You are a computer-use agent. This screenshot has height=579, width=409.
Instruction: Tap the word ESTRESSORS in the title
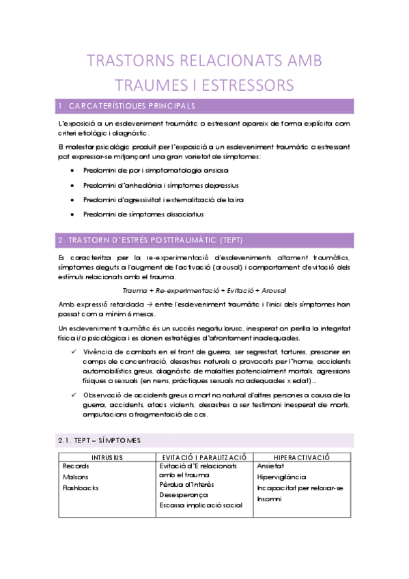click(245, 85)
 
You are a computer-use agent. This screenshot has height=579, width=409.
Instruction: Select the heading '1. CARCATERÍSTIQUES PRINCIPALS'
click(127, 107)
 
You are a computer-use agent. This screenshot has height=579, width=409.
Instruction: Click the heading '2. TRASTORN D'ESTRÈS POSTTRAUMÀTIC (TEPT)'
click(146, 240)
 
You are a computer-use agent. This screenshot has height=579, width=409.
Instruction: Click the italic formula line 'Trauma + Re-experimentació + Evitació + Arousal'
click(205, 291)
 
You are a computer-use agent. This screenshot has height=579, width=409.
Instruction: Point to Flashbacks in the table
click(81, 488)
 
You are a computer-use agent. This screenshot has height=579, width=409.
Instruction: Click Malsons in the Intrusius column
click(75, 477)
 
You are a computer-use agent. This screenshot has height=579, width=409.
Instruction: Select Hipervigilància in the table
click(282, 477)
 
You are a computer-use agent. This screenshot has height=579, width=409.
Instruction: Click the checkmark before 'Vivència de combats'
click(74, 351)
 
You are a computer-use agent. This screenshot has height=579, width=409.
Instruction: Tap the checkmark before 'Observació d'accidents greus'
click(74, 395)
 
